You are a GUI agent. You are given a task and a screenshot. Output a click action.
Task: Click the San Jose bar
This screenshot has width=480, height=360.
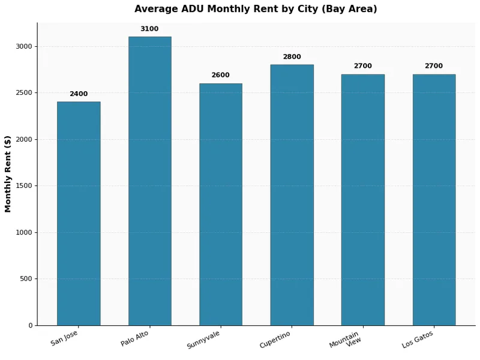pyautogui.click(x=79, y=214)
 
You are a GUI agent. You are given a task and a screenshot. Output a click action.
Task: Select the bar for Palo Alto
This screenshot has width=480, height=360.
pyautogui.click(x=149, y=181)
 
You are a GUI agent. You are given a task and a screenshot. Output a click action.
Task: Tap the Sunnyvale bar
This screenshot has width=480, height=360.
pyautogui.click(x=221, y=205)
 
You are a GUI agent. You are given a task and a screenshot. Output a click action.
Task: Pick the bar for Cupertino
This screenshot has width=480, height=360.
pyautogui.click(x=292, y=195)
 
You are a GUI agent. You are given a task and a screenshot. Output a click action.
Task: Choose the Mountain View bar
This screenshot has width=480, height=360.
pyautogui.click(x=362, y=200)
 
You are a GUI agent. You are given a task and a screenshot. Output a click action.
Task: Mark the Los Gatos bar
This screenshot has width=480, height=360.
pyautogui.click(x=434, y=200)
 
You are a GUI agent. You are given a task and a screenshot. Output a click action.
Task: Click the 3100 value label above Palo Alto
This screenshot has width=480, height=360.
pyautogui.click(x=149, y=29)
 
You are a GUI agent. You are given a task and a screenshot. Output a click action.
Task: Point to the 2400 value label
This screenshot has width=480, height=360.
pyautogui.click(x=79, y=94)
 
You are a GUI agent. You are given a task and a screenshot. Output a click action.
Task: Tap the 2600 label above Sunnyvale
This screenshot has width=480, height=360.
pyautogui.click(x=221, y=76)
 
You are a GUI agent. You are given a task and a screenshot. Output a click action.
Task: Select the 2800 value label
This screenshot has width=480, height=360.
pyautogui.click(x=292, y=57)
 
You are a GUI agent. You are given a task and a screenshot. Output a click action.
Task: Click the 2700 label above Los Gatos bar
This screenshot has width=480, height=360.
pyautogui.click(x=434, y=66)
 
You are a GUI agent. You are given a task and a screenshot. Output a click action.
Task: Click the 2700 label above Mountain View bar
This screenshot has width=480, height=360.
pyautogui.click(x=362, y=66)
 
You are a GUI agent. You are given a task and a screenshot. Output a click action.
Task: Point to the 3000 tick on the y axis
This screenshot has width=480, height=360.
pyautogui.click(x=25, y=46)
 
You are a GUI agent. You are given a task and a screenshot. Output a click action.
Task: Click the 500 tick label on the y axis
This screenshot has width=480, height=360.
pyautogui.click(x=26, y=279)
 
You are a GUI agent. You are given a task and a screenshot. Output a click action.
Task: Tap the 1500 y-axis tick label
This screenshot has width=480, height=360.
pyautogui.click(x=25, y=186)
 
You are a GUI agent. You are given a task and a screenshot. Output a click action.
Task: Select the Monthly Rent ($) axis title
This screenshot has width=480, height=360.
pyautogui.click(x=8, y=174)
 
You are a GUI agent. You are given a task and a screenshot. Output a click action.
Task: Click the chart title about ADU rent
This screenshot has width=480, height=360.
pyautogui.click(x=256, y=9)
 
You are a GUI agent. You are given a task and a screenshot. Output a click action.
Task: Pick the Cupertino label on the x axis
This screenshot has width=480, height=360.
pyautogui.click(x=275, y=339)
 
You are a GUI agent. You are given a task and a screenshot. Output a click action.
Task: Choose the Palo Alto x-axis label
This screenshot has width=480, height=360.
pyautogui.click(x=135, y=338)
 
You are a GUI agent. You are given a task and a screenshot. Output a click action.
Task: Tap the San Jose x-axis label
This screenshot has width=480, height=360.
pyautogui.click(x=65, y=338)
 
